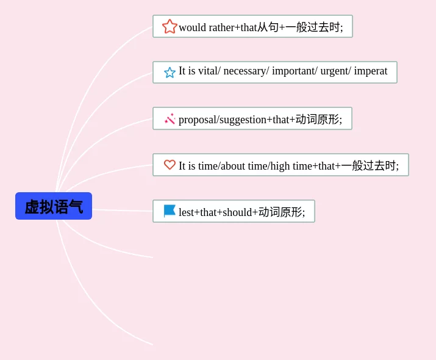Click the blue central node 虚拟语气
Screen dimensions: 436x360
click(x=54, y=206)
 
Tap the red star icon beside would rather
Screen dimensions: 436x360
click(x=170, y=27)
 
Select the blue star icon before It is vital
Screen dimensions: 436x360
click(x=170, y=73)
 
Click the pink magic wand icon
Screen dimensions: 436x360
click(x=170, y=119)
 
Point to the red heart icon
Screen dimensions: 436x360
click(x=170, y=165)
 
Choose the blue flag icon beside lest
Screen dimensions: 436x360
click(x=170, y=211)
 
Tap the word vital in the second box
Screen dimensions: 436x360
click(x=208, y=71)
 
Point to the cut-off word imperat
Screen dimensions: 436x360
click(x=371, y=71)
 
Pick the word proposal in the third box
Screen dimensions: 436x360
click(x=198, y=120)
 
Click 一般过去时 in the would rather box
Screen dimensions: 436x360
click(x=313, y=27)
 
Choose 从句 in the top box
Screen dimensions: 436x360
click(x=268, y=27)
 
